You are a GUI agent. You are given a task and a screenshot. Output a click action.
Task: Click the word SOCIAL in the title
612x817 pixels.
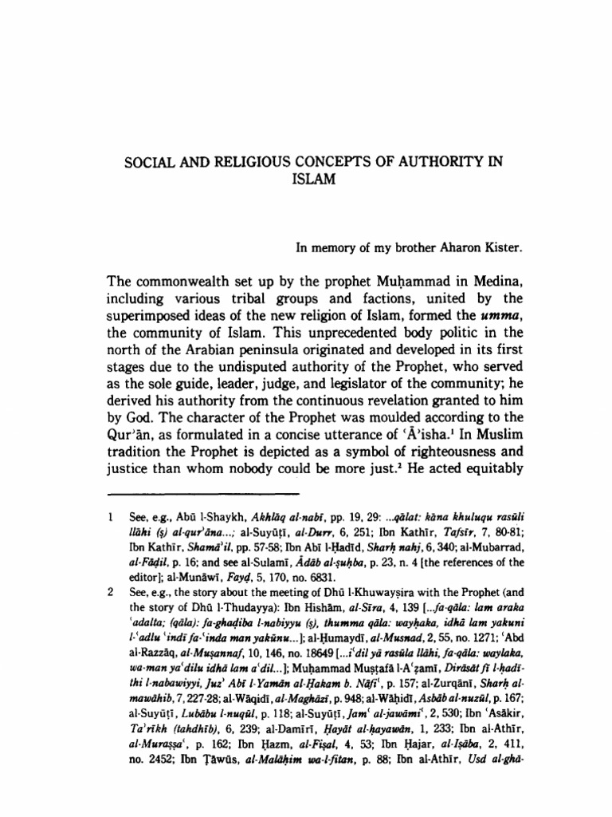147,163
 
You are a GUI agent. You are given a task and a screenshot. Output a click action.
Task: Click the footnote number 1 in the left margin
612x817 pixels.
110,540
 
